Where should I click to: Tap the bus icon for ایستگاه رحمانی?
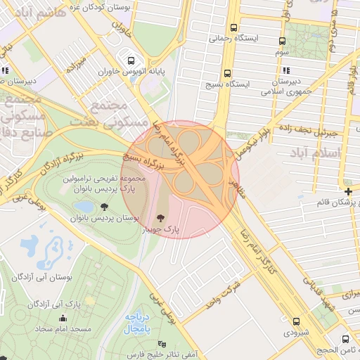233,28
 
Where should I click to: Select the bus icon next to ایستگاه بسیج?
227,73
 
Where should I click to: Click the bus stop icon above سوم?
282,41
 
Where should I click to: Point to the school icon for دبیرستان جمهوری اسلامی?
285,70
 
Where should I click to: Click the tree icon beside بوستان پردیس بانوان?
105,207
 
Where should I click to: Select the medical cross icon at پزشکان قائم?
349,191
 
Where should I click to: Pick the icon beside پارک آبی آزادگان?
32,304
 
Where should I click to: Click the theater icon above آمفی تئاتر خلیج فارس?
163,343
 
